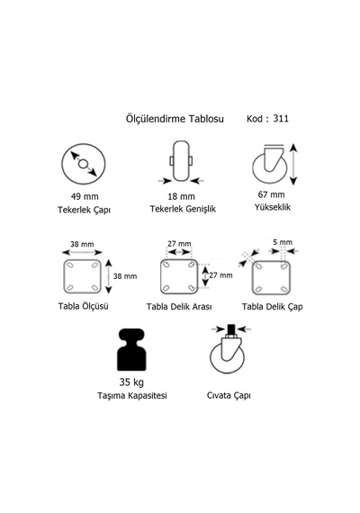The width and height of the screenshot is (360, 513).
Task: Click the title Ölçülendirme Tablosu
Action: click(x=175, y=119)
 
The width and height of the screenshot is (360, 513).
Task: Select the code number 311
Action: click(x=281, y=119)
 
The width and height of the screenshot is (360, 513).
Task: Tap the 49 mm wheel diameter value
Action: click(x=85, y=196)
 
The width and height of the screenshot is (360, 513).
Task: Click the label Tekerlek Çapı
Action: click(x=84, y=210)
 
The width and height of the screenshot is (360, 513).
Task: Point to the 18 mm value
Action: click(x=181, y=196)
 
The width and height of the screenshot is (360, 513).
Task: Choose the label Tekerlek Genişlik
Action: click(x=183, y=209)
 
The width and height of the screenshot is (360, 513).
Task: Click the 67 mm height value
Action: click(x=271, y=194)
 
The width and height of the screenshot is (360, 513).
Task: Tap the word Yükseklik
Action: click(x=273, y=207)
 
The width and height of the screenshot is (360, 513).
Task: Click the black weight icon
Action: click(x=131, y=349)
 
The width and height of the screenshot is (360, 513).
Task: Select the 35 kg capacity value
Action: click(x=131, y=382)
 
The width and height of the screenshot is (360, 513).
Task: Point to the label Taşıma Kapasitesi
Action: click(x=132, y=395)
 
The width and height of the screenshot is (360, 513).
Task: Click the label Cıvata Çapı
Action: click(x=229, y=395)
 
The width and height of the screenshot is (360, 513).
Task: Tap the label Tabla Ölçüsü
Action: click(x=83, y=306)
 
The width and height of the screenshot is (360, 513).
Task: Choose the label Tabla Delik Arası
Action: click(x=179, y=307)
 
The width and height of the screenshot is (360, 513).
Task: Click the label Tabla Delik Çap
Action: click(x=273, y=307)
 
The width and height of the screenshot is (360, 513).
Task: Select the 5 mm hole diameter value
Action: click(x=283, y=242)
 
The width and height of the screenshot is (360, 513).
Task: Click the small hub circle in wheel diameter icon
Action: click(x=83, y=164)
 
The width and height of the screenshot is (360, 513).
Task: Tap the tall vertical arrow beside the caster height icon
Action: click(x=293, y=164)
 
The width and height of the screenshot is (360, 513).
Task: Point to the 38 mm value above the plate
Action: click(x=82, y=244)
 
